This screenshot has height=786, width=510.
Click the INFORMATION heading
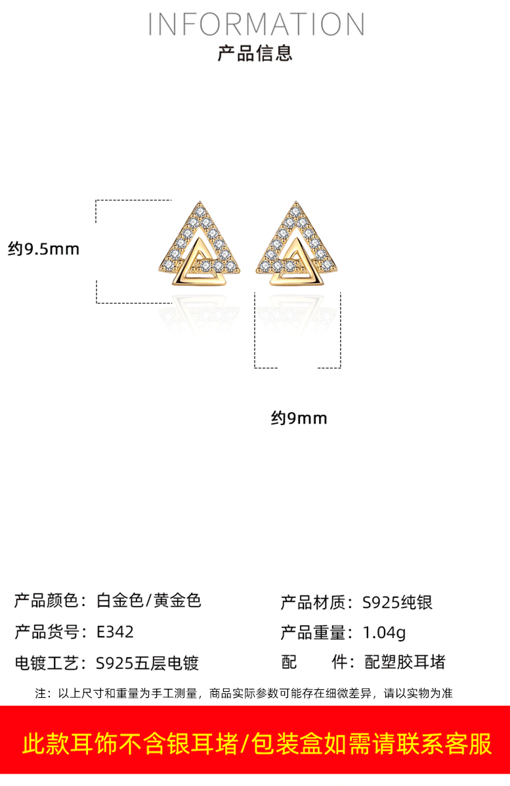click(x=256, y=24)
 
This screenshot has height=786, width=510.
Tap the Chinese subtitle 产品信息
click(x=255, y=53)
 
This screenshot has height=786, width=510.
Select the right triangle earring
click(x=298, y=245)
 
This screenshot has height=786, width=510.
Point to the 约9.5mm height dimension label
click(x=43, y=249)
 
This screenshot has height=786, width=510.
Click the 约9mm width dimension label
click(x=299, y=418)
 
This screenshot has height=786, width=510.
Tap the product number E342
click(x=115, y=632)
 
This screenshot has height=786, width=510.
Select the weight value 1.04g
click(x=384, y=633)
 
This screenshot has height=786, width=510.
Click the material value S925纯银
click(x=398, y=602)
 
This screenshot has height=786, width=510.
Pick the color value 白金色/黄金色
click(x=148, y=601)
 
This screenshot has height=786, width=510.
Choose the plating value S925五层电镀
click(x=147, y=663)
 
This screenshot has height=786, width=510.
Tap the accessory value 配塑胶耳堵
click(x=404, y=662)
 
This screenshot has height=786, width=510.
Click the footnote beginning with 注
click(x=244, y=693)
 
